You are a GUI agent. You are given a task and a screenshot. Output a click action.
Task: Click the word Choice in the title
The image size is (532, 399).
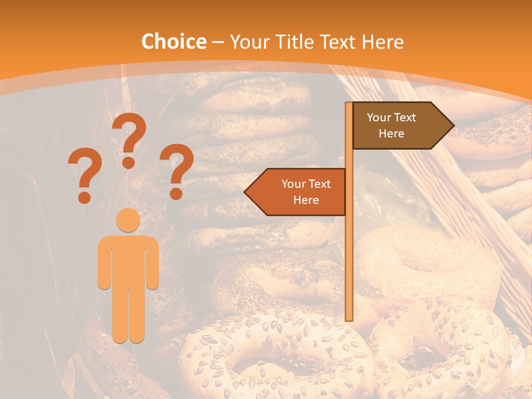pos(173,42)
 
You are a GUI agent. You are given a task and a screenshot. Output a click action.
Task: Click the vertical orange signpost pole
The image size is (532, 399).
pos(349,249)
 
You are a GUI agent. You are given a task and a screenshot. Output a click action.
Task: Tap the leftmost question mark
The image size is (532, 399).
pos(85,172)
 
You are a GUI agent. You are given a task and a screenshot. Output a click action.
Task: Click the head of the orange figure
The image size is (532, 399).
pos(128,220)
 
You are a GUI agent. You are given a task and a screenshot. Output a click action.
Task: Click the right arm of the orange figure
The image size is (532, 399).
pos(152,263)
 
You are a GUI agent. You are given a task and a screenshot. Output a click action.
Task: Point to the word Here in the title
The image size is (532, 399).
pos(382,42)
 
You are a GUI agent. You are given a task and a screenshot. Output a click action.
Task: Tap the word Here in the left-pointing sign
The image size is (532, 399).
pos(306,200)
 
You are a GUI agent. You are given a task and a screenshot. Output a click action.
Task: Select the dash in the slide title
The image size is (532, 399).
pos(218,42)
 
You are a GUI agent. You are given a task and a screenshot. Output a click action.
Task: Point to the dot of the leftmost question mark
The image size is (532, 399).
pos(84,197)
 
